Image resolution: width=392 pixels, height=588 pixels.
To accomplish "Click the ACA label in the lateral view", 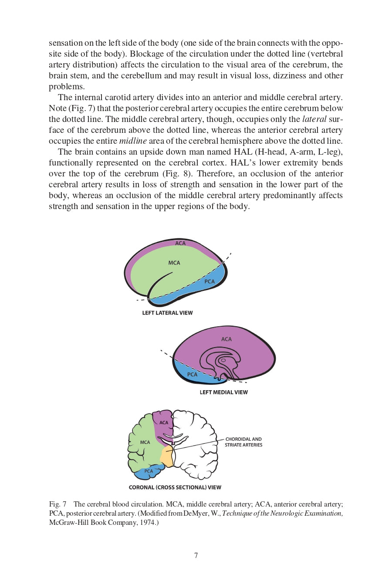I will pyautogui.click(x=180, y=243).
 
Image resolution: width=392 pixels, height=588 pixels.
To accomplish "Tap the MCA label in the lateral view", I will pyautogui.click(x=174, y=263).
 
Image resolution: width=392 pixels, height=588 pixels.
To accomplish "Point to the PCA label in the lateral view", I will pyautogui.click(x=210, y=281).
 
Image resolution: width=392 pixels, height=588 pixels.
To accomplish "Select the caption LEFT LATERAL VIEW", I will pyautogui.click(x=167, y=313).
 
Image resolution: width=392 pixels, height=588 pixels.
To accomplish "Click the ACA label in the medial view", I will pyautogui.click(x=226, y=339).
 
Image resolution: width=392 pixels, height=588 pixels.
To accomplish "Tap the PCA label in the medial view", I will pyautogui.click(x=192, y=375).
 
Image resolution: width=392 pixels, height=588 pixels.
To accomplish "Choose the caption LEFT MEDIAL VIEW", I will pyautogui.click(x=223, y=392).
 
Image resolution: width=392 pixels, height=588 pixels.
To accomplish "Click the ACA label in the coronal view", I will pyautogui.click(x=164, y=422).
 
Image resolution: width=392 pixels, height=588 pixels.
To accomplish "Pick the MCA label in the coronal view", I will pyautogui.click(x=145, y=443).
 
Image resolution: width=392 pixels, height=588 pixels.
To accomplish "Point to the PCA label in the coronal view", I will pyautogui.click(x=149, y=471).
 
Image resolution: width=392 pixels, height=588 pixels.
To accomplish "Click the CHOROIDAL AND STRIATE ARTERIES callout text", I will pyautogui.click(x=243, y=442).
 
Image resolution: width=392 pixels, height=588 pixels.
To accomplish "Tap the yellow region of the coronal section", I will pyautogui.click(x=167, y=456).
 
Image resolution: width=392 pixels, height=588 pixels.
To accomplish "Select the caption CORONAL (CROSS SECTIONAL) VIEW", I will pyautogui.click(x=175, y=487).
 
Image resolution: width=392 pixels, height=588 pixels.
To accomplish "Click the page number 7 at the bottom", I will pyautogui.click(x=196, y=555).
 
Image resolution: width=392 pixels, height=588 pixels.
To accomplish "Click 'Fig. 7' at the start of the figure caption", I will pyautogui.click(x=57, y=504).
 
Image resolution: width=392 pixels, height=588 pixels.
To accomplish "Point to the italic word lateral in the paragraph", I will pyautogui.click(x=314, y=119).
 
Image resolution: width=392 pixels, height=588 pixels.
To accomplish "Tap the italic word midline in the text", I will pyautogui.click(x=133, y=141).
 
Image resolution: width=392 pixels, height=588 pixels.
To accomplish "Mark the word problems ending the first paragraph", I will pyautogui.click(x=67, y=87).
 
